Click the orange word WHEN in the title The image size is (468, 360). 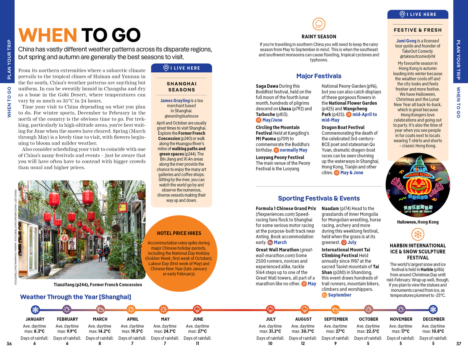48,35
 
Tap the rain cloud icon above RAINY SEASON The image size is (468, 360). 319,24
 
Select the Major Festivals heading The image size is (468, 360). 319,76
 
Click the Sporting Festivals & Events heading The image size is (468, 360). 319,198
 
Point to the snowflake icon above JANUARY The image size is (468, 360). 35,309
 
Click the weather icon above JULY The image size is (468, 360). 271,309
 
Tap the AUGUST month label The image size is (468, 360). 303,319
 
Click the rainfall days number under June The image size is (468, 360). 197,343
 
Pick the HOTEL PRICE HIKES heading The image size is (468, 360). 179,233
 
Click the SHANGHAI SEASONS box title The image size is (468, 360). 182,87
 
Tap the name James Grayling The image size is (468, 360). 175,100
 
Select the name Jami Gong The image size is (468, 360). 406,41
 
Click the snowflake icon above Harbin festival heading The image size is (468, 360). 418,234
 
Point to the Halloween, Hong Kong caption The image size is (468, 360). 418,222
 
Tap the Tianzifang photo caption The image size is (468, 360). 98,285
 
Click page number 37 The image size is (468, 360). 458,343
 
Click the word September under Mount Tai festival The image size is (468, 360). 339,295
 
